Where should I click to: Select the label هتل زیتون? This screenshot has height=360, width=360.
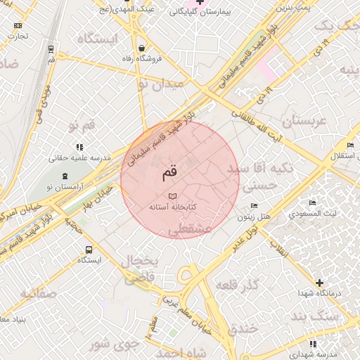coord(254,217)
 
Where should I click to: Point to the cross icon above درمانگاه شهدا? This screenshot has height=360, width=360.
coord(319,283)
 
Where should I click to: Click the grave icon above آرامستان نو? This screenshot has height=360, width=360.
coord(65,175)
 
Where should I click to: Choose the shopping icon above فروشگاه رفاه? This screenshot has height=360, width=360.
coord(142,49)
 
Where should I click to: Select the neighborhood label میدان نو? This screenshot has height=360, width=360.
coord(160,84)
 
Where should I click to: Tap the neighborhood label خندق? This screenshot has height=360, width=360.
coord(244,328)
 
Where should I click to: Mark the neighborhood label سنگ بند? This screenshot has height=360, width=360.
coord(337,317)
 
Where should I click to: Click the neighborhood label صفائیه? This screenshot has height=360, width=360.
coord(38,292)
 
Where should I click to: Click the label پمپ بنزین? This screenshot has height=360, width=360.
coord(291,8)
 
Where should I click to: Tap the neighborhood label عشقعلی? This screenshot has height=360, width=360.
coord(192,229)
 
